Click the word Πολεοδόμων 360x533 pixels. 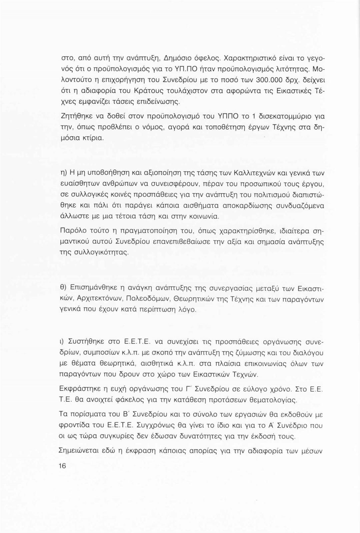[x=155, y=299]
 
